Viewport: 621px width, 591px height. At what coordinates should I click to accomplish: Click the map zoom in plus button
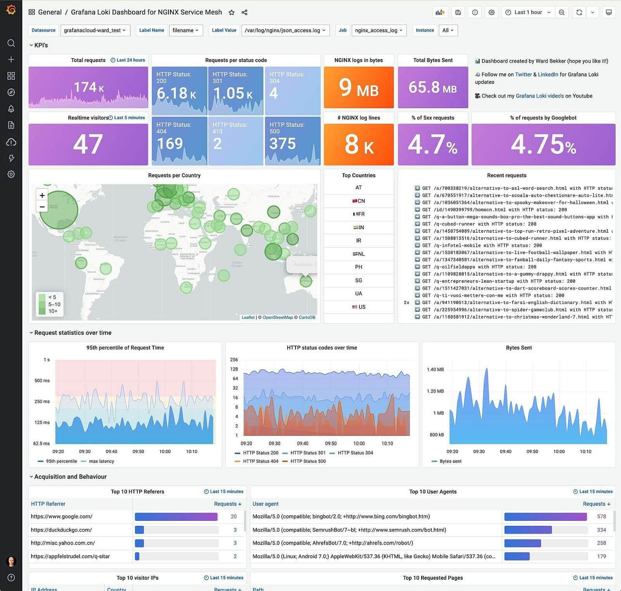click(x=42, y=195)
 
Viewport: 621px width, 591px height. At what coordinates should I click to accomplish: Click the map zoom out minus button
click(x=42, y=207)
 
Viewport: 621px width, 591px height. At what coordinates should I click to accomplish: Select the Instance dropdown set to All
click(x=448, y=31)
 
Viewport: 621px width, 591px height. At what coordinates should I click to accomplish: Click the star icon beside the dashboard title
click(x=231, y=13)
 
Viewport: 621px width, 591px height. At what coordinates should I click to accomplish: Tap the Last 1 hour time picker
click(x=528, y=13)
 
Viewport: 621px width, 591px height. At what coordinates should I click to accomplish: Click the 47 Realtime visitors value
click(x=88, y=144)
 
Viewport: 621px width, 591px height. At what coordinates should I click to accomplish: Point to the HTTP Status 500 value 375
click(x=282, y=144)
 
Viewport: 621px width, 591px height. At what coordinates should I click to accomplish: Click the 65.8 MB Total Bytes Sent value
click(x=432, y=87)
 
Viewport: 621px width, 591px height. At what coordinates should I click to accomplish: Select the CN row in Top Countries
click(x=359, y=201)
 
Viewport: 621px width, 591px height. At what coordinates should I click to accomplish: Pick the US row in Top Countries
click(x=359, y=307)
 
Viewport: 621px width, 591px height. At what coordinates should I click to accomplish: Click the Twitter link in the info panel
click(x=523, y=75)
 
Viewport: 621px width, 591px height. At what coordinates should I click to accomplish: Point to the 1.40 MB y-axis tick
click(x=435, y=369)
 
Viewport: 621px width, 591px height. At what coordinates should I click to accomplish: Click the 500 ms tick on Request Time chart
click(x=42, y=381)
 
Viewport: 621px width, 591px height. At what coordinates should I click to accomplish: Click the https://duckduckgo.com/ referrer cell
click(x=61, y=530)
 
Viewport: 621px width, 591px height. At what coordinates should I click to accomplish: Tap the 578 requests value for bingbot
click(x=602, y=517)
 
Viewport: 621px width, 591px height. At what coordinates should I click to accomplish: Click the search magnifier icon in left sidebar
click(x=11, y=43)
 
